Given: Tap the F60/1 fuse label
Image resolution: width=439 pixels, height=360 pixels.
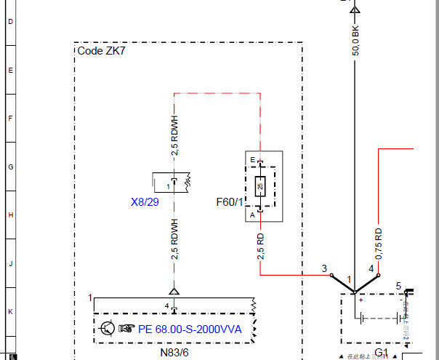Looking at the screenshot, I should [x=230, y=201].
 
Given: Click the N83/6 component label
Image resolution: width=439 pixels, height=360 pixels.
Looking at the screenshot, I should [x=174, y=352].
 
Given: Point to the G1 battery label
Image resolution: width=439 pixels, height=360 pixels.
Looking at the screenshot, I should [x=382, y=353].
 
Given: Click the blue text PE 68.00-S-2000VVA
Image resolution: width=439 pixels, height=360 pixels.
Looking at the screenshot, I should [x=190, y=328].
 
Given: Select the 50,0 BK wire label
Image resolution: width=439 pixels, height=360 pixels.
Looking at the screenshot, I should [x=355, y=41].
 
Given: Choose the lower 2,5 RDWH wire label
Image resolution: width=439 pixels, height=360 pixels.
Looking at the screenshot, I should [x=174, y=239].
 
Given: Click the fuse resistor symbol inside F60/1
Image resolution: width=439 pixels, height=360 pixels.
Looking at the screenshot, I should [x=260, y=187].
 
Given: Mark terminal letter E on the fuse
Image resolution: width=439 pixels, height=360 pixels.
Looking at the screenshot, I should [x=252, y=159].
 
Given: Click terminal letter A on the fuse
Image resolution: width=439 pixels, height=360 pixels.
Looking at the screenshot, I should [x=252, y=215].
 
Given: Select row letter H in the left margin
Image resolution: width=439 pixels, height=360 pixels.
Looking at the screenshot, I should [x=10, y=215].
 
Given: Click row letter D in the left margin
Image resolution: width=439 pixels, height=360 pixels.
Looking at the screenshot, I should [x=10, y=22].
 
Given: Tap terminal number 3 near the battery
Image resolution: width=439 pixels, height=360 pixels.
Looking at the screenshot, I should [x=324, y=268].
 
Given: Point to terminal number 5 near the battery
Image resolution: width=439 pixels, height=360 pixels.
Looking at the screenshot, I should [x=398, y=285].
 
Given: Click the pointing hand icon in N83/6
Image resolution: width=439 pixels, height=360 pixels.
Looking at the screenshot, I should [x=126, y=328].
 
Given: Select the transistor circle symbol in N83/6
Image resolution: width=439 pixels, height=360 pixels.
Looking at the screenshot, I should [x=107, y=328].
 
